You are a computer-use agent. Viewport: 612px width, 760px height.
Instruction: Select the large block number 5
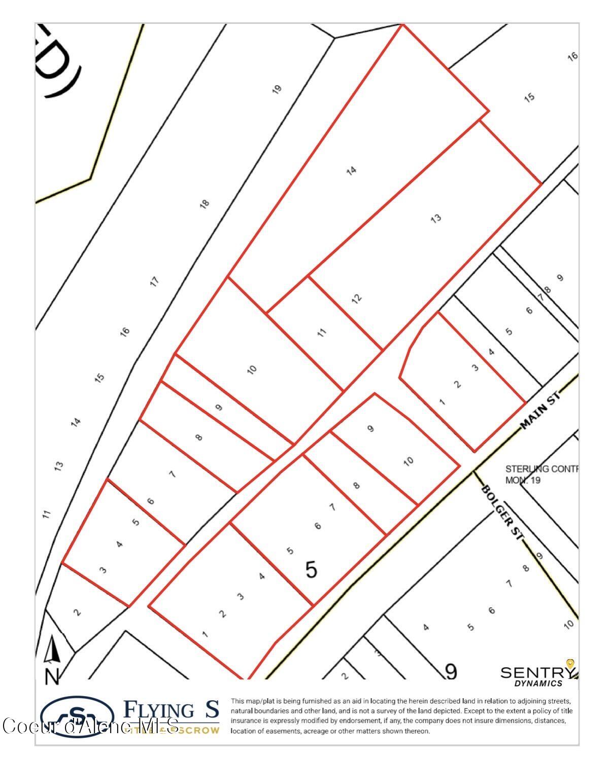click(x=311, y=570)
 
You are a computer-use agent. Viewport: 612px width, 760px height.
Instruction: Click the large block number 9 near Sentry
click(x=451, y=671)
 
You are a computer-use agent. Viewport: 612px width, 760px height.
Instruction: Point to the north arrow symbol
click(x=53, y=659)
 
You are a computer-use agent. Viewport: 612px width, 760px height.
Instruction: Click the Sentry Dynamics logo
click(x=538, y=675)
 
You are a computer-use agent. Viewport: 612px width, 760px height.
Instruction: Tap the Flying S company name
click(x=172, y=709)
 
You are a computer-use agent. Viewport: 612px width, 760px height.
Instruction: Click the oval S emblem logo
click(x=77, y=716)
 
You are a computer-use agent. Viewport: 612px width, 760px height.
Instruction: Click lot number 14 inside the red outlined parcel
click(x=351, y=170)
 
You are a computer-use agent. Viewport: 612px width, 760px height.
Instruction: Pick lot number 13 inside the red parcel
click(x=435, y=219)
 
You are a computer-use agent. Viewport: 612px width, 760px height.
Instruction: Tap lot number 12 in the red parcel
click(x=357, y=298)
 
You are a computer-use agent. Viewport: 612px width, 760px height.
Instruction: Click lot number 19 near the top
click(x=277, y=89)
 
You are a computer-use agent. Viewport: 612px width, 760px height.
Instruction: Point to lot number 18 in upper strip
click(x=205, y=204)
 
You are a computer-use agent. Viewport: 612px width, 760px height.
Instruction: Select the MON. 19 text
click(x=523, y=480)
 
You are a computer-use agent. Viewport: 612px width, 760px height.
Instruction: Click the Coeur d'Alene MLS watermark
click(x=91, y=726)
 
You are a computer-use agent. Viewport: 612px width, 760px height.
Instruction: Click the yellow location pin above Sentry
click(x=570, y=664)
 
